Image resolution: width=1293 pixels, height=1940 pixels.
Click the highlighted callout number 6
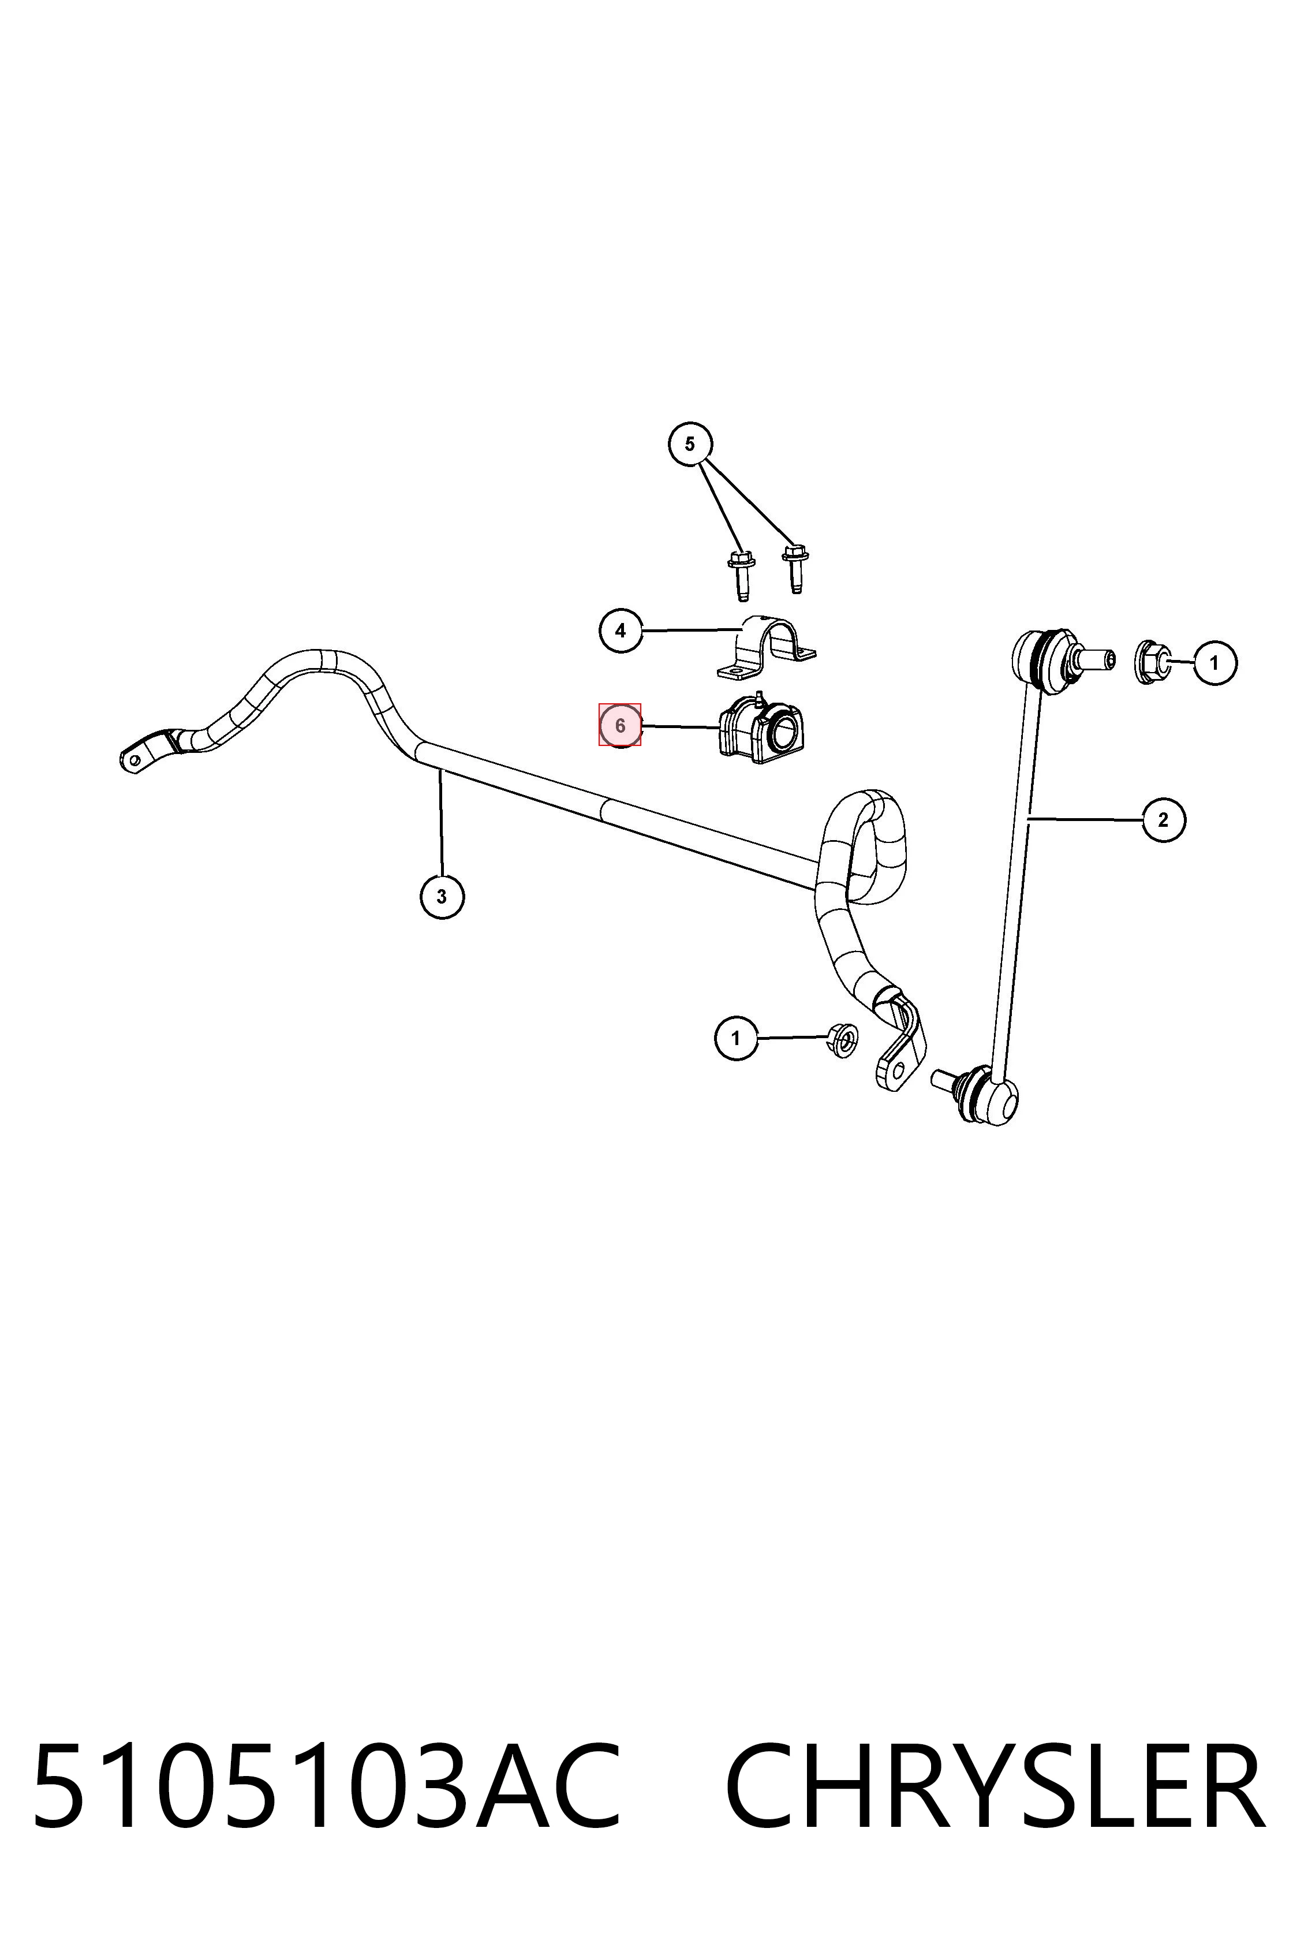tap(620, 726)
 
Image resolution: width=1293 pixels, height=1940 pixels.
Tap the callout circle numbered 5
tap(690, 444)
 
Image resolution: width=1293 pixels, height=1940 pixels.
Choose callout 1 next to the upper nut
tap(1214, 662)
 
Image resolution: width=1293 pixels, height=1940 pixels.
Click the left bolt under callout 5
tap(741, 574)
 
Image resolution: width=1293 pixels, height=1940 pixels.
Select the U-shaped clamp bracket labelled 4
tap(765, 648)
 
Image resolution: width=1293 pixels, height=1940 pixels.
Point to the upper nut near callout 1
tap(1154, 662)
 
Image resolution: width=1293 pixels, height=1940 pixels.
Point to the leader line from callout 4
tap(691, 630)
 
